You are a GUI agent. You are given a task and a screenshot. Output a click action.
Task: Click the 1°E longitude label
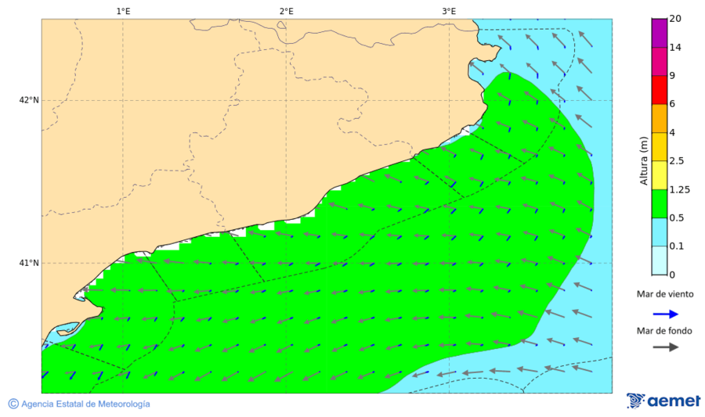[123, 11]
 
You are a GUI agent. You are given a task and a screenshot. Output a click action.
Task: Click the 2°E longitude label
[286, 11]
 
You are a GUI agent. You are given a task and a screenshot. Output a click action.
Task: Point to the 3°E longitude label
[449, 11]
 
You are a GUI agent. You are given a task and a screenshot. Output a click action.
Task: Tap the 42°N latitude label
[29, 100]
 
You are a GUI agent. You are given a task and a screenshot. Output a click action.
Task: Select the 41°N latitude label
[29, 263]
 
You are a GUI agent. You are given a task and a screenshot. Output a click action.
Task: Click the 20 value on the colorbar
[674, 20]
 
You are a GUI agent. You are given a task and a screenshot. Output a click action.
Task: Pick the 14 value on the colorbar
[674, 48]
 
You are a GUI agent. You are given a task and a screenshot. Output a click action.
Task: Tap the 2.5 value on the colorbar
[677, 160]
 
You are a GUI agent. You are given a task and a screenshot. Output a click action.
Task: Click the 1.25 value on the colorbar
[679, 189]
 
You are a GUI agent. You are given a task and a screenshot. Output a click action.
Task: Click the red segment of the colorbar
[658, 90]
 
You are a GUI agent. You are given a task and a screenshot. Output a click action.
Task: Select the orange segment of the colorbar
[658, 118]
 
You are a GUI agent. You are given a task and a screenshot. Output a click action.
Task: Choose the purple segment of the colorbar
[658, 33]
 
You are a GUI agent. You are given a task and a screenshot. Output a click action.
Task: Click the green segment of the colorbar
[658, 203]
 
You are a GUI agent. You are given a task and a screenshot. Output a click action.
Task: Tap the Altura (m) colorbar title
[644, 160]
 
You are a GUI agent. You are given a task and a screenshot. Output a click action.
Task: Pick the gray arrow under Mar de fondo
[665, 347]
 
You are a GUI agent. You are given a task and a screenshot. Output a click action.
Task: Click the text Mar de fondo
[664, 331]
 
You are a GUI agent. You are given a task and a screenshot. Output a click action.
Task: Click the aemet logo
[663, 401]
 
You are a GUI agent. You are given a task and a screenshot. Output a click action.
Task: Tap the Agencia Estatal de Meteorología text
[85, 404]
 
